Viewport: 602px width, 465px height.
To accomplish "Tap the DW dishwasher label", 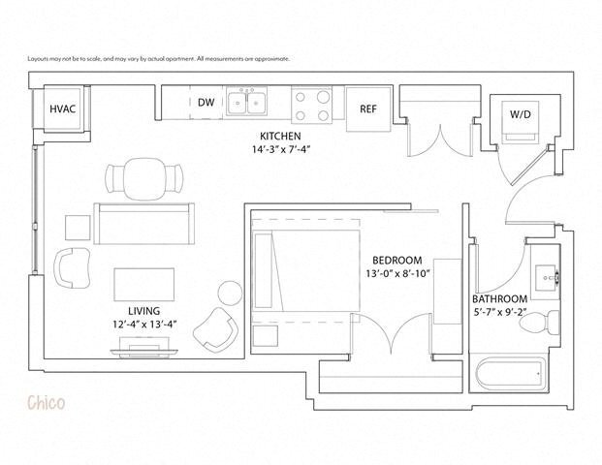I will click(206, 103).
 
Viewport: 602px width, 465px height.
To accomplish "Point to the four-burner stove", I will click(312, 103).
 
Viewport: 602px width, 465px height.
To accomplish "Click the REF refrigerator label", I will click(368, 109).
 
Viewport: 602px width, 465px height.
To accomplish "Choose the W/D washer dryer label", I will click(520, 115).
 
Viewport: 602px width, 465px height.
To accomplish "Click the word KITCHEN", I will click(279, 136).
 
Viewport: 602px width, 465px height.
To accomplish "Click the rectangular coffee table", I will click(144, 285).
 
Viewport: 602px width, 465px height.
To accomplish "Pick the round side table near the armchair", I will click(231, 293).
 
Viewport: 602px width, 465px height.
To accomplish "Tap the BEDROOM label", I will click(397, 261).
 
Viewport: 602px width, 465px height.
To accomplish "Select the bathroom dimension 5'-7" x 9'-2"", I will click(500, 313).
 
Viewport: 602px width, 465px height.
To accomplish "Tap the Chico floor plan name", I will click(46, 402).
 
